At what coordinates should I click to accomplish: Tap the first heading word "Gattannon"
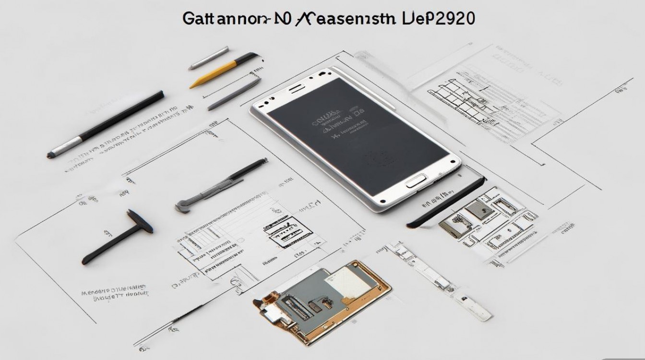[220, 19]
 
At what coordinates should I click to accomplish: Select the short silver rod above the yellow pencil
[209, 58]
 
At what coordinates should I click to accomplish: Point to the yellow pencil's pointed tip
[192, 86]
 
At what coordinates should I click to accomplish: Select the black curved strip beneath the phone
[446, 202]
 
